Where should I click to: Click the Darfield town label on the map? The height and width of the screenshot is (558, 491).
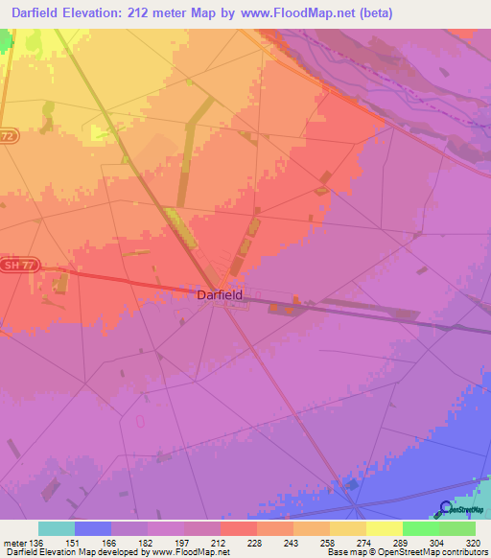[219, 295]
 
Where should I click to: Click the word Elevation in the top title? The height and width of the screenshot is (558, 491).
[105, 13]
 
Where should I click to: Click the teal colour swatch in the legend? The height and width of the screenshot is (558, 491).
[57, 528]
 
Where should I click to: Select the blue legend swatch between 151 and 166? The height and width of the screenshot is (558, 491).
[93, 528]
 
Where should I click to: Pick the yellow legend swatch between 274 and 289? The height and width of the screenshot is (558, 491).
[385, 528]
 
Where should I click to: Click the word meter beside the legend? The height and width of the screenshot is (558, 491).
[14, 543]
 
